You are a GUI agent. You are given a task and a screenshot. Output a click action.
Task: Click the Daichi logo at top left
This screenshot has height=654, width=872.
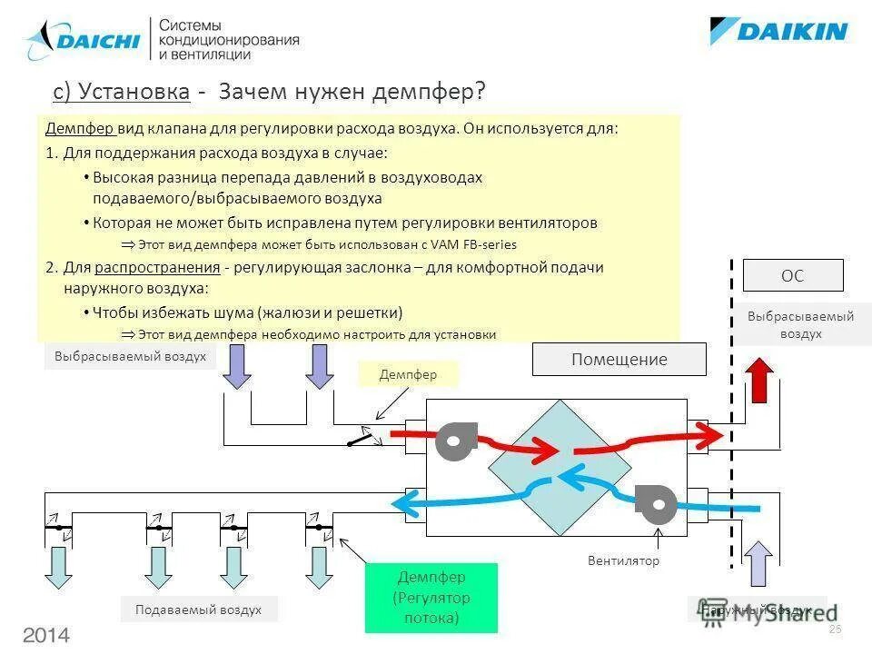click(x=83, y=40)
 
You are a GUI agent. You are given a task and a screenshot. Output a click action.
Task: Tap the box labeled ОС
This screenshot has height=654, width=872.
click(x=792, y=275)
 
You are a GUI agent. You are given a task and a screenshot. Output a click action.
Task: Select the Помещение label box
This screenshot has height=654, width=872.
click(x=619, y=359)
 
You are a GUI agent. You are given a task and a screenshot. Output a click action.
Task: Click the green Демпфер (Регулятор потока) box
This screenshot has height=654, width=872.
click(x=431, y=598)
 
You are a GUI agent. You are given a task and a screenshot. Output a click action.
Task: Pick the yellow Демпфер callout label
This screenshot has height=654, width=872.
click(x=408, y=373)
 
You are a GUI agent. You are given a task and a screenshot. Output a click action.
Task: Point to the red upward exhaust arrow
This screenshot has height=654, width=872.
click(x=758, y=380)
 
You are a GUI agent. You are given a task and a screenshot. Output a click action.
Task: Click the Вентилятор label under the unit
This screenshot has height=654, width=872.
click(x=623, y=560)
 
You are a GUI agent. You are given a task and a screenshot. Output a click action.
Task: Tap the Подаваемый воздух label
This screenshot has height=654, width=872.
click(x=198, y=609)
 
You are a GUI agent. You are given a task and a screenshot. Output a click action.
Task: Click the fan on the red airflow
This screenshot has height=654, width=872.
click(x=451, y=441)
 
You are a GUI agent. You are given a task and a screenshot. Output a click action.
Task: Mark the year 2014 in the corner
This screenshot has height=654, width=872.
click(x=46, y=634)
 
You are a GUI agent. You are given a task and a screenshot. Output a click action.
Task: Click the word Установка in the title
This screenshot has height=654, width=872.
click(x=134, y=92)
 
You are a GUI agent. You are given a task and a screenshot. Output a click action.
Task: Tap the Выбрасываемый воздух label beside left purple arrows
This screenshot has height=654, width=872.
click(x=130, y=356)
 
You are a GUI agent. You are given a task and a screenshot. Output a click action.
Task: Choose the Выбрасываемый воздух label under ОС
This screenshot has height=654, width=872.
click(x=800, y=324)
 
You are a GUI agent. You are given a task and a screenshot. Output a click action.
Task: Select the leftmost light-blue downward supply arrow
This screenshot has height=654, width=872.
click(x=64, y=568)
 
